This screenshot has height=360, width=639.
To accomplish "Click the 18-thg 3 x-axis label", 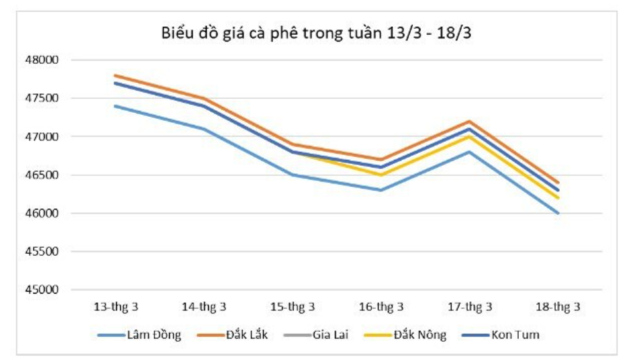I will [x=558, y=307].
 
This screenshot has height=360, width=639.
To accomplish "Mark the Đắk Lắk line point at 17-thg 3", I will [x=469, y=121].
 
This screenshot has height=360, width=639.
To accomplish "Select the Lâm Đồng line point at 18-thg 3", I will [x=558, y=214].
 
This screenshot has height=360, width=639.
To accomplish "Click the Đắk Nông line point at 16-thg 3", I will [x=381, y=175].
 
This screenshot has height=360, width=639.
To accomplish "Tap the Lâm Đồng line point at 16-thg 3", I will [x=381, y=190].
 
